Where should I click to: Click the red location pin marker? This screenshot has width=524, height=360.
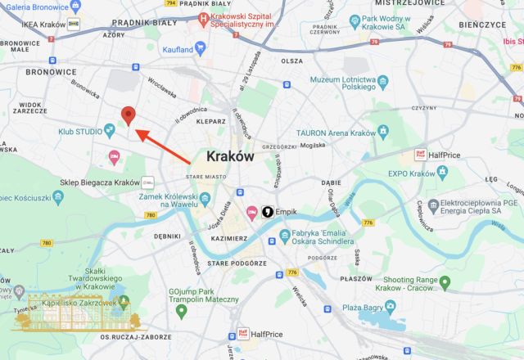[x=128, y=115]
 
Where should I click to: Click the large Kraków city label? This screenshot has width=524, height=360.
[x=230, y=155]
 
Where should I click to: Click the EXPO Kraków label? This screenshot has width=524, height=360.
[x=409, y=173]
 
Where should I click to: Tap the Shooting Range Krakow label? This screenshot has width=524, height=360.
[x=398, y=283]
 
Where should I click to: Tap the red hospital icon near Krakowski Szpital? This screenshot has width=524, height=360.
[x=201, y=25]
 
